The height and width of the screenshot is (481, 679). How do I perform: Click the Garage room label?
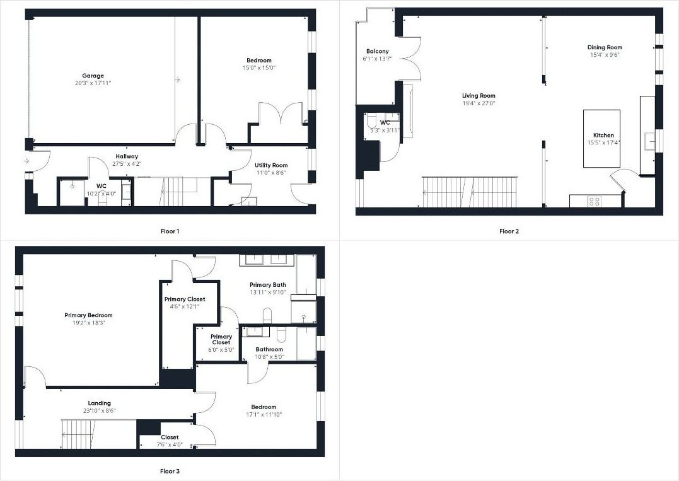point(93,76)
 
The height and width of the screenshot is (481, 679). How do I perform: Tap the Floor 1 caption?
point(170,231)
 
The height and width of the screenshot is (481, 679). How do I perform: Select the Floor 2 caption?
point(509,231)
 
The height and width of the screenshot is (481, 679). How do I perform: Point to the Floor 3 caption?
point(170,471)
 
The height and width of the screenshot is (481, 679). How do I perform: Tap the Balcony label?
point(377,51)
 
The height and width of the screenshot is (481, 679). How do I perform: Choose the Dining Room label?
point(605,47)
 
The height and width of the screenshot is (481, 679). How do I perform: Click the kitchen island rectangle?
point(601,139)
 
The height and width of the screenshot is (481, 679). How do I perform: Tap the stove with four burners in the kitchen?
point(594,202)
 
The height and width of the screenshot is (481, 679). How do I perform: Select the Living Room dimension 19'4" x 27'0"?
point(479,103)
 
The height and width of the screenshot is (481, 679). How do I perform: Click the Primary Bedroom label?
point(88,315)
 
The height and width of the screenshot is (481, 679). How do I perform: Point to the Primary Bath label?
point(267,285)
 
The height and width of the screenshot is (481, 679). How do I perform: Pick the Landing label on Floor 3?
point(99,403)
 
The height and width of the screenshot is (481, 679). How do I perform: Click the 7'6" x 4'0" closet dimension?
point(170,444)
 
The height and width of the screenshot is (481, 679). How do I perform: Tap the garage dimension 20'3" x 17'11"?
point(93,83)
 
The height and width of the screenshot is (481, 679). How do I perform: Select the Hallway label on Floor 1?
point(127,156)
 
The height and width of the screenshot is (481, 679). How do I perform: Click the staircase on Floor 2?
point(470,192)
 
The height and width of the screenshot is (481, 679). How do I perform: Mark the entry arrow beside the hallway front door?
point(26,161)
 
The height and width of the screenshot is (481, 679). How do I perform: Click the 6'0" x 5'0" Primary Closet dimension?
point(221,350)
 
